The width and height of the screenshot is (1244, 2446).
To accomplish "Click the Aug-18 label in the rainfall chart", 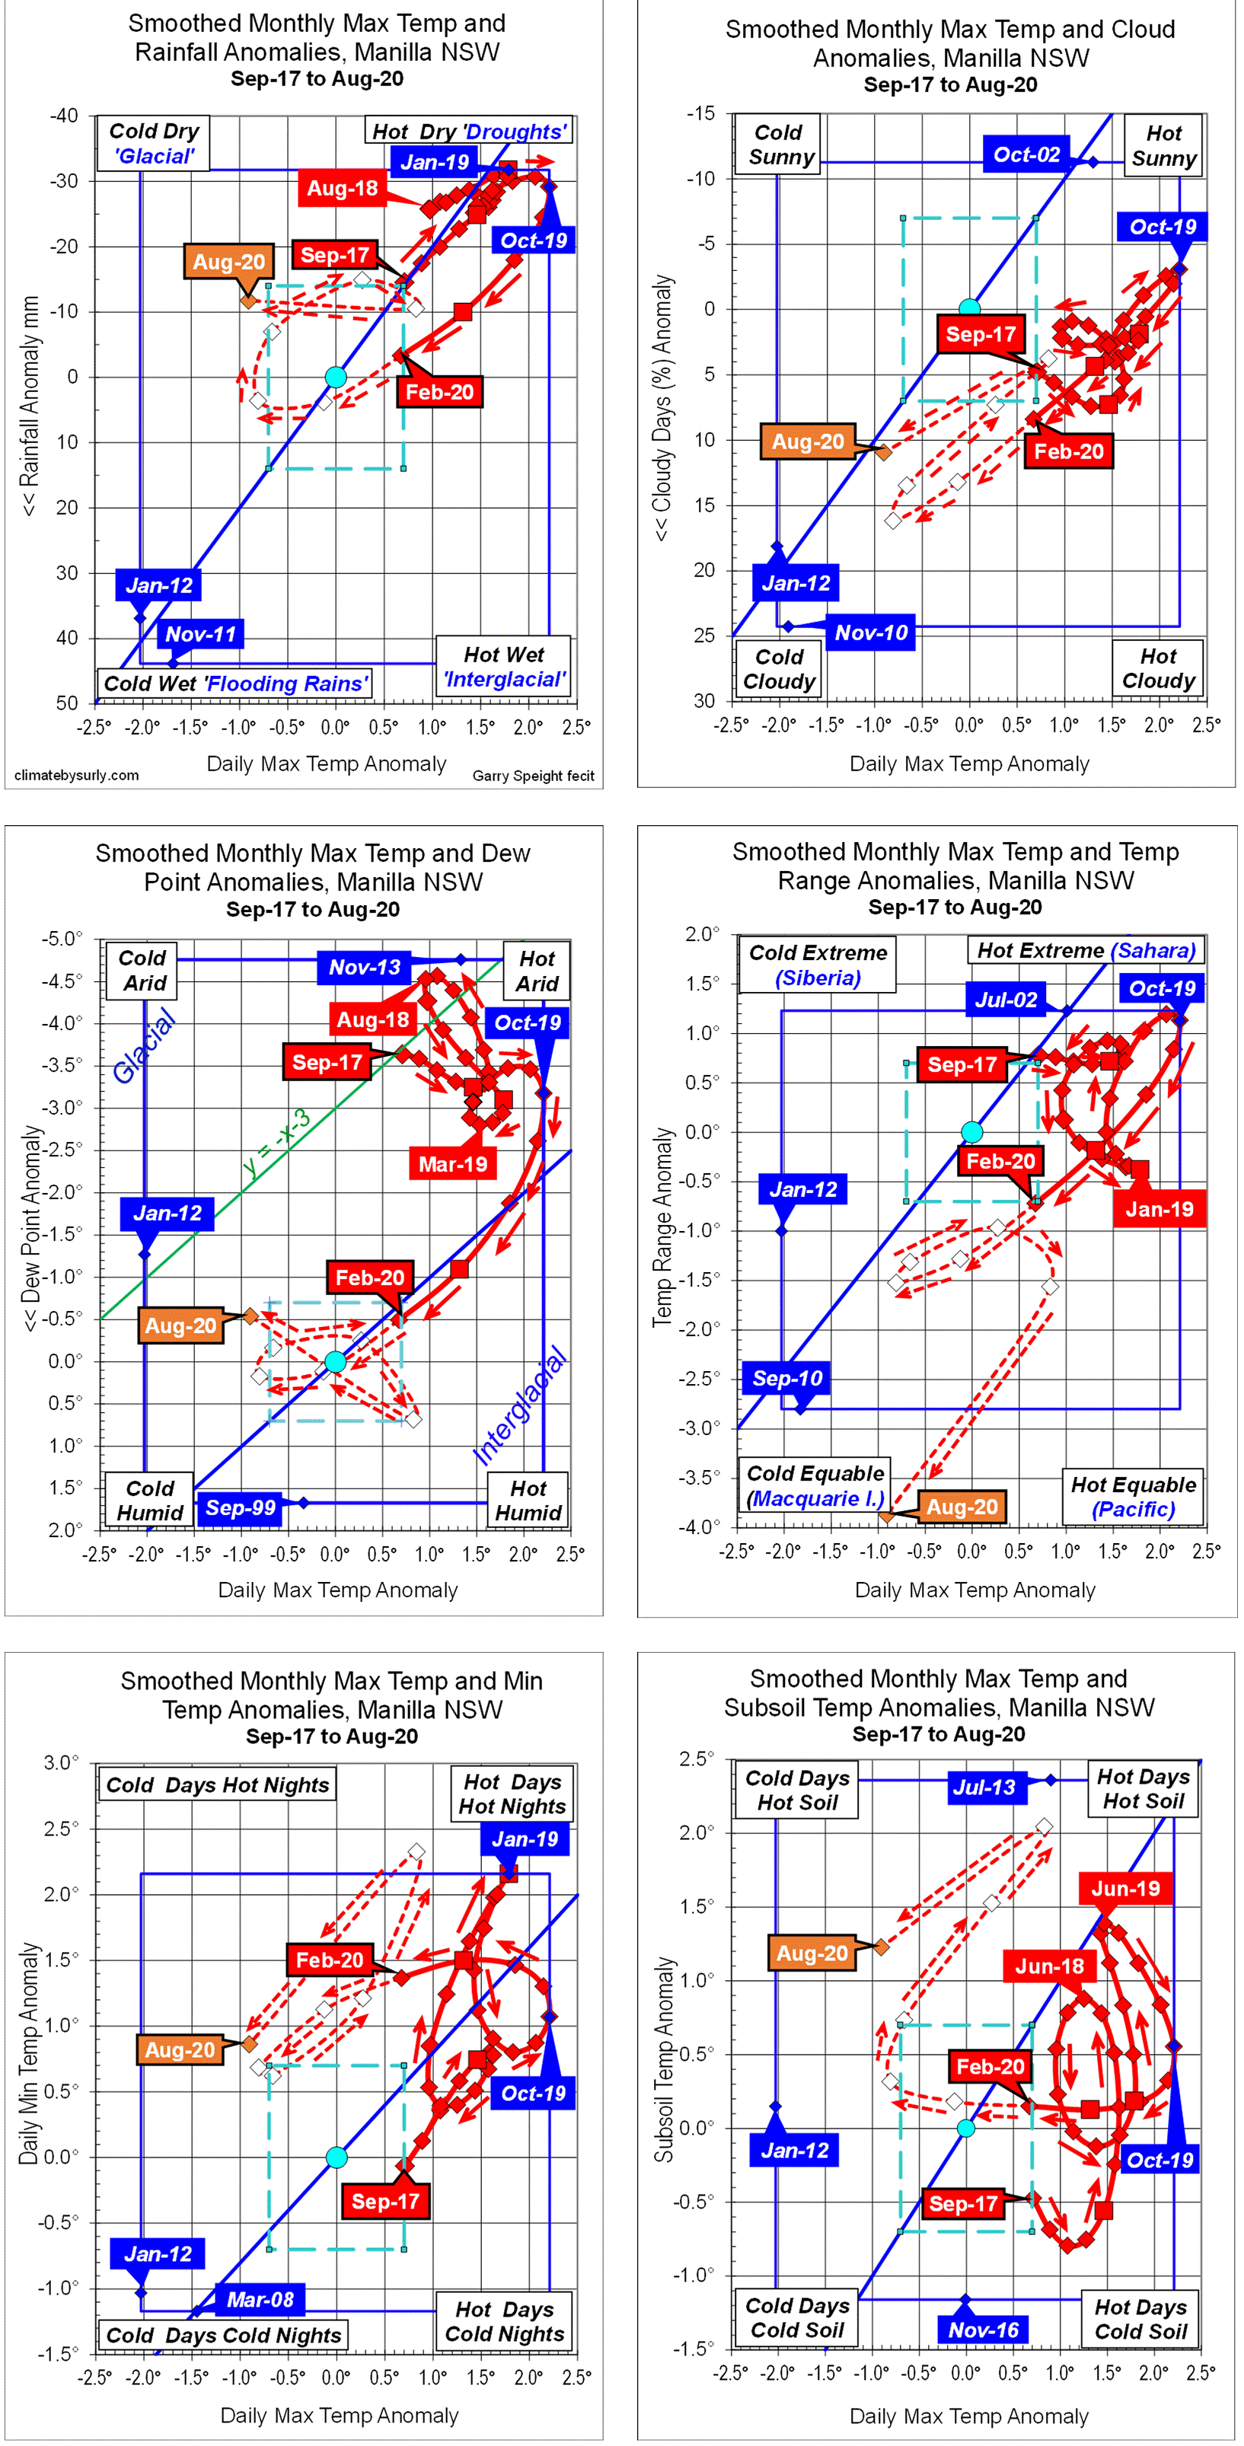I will (x=342, y=188).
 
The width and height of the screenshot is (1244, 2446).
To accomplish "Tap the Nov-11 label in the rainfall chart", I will (x=200, y=634).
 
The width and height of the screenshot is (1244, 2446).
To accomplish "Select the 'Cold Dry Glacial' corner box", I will (x=153, y=143).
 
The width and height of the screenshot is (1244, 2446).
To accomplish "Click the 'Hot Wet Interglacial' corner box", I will (x=503, y=667).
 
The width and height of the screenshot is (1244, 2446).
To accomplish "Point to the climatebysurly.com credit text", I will (x=77, y=776).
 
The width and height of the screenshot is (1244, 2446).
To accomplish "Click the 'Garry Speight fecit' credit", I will (x=533, y=776).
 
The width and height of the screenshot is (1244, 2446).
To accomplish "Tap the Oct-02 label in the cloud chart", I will (x=1026, y=155).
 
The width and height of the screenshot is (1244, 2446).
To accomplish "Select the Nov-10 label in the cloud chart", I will (x=871, y=633).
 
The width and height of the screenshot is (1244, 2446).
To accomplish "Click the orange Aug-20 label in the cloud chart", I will (x=807, y=442).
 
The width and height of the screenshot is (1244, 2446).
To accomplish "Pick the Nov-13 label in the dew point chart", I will (x=365, y=968).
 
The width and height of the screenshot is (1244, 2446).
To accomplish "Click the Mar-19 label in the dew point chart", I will (x=453, y=1164).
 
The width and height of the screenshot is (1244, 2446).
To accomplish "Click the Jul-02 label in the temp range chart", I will (x=1006, y=999).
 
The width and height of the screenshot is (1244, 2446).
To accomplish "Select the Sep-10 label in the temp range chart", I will (x=787, y=1378).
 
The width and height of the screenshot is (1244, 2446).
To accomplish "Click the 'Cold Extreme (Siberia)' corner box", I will (x=818, y=965).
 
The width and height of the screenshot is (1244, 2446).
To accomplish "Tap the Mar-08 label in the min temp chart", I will (x=260, y=2299).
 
